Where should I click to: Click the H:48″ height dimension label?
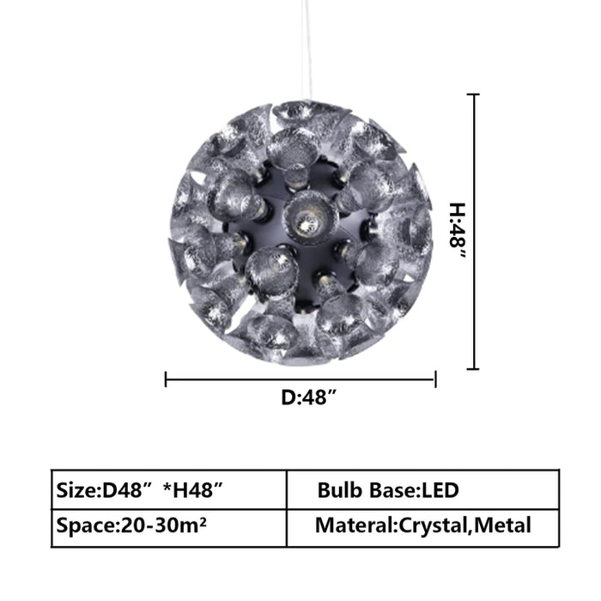point(458,230)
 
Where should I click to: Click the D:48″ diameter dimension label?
point(309,397)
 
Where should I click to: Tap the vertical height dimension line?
point(475,232)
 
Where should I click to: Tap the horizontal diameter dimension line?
point(300,379)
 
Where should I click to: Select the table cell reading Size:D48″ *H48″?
point(169,490)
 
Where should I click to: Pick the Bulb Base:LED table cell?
point(422,490)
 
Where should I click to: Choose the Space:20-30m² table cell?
point(169,527)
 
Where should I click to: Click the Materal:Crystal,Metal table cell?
point(422,527)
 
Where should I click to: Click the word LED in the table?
point(440,490)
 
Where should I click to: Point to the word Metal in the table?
point(502,525)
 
